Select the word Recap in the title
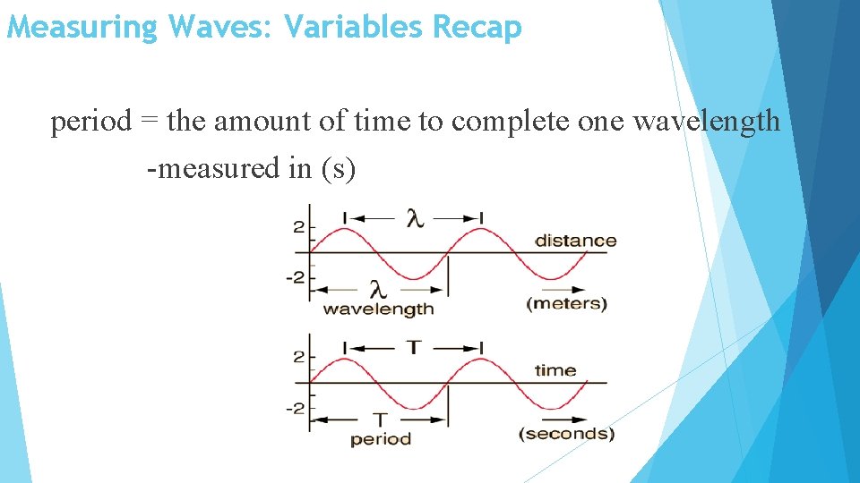tap(476, 28)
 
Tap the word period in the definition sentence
tap(90, 122)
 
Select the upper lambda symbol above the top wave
tap(413, 218)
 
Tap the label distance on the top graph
tap(575, 241)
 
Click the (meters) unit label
tap(566, 303)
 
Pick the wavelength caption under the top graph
tap(378, 309)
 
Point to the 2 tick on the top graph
tap(298, 227)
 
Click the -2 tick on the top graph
tap(296, 277)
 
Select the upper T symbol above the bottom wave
tap(413, 348)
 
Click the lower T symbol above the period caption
tap(380, 419)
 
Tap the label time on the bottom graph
tap(555, 370)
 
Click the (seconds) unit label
tap(566, 434)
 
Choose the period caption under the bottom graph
tap(380, 439)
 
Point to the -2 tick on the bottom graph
tap(296, 408)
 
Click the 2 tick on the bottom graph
tap(298, 357)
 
